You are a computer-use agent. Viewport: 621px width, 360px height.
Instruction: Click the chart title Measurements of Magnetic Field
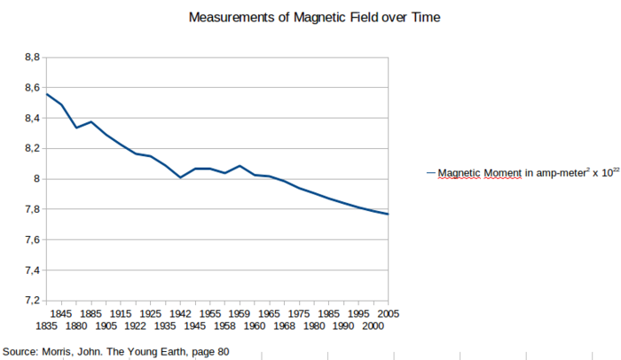pyautogui.click(x=314, y=17)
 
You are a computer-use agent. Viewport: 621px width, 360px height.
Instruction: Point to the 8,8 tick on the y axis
pyautogui.click(x=32, y=57)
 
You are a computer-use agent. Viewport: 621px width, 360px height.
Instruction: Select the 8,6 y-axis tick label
pyautogui.click(x=32, y=88)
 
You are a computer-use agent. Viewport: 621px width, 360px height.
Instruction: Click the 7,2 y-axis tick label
pyautogui.click(x=32, y=301)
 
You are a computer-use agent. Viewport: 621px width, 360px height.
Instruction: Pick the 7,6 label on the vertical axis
pyautogui.click(x=32, y=240)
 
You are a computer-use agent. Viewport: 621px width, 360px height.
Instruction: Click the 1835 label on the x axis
pyautogui.click(x=48, y=326)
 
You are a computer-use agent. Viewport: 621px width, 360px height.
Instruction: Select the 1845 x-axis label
pyautogui.click(x=60, y=314)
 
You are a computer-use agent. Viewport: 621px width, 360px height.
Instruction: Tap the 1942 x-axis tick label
pyautogui.click(x=180, y=314)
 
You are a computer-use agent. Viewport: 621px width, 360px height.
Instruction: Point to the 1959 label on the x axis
pyautogui.click(x=240, y=314)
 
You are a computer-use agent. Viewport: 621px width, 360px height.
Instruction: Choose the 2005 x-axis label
pyautogui.click(x=388, y=314)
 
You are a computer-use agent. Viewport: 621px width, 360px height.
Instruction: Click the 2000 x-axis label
pyautogui.click(x=373, y=326)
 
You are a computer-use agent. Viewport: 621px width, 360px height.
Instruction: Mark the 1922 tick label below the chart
pyautogui.click(x=136, y=326)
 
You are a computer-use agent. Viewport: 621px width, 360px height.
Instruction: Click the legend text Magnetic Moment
pyautogui.click(x=479, y=174)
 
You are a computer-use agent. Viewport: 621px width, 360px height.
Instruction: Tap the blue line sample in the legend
pyautogui.click(x=431, y=174)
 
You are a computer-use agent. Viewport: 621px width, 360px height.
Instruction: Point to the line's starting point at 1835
pyautogui.click(x=47, y=94)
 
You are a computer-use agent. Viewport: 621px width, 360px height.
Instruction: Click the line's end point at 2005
pyautogui.click(x=388, y=214)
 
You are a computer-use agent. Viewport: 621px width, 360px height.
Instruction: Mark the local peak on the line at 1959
pyautogui.click(x=240, y=166)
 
